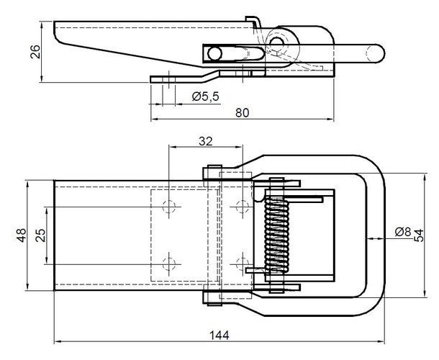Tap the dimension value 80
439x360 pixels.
coord(243,112)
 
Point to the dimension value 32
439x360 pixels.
coord(205,142)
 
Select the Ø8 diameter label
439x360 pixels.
coord(403,231)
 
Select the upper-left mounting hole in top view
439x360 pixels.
coord(169,207)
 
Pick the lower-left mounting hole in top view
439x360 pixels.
coord(169,261)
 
